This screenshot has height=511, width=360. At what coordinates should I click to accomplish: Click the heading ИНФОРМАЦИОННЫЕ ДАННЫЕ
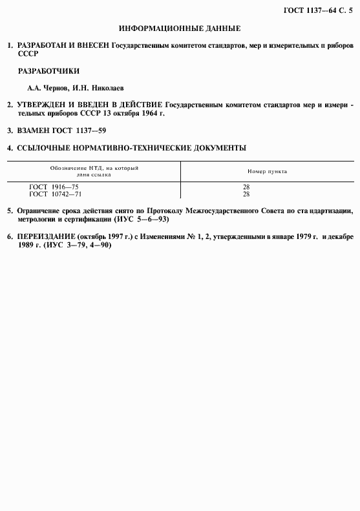click(180, 29)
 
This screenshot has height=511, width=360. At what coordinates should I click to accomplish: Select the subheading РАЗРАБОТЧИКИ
click(43, 70)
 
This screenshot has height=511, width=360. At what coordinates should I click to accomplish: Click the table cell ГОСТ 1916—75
click(54, 187)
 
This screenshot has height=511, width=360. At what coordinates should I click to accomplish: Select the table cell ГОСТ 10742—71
click(56, 194)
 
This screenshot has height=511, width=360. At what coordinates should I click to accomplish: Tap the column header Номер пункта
click(267, 172)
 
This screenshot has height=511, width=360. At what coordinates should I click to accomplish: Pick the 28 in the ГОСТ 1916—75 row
click(246, 187)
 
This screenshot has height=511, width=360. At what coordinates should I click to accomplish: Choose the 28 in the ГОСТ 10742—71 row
click(246, 194)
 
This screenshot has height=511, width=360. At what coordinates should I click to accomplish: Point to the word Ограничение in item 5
click(42, 211)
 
